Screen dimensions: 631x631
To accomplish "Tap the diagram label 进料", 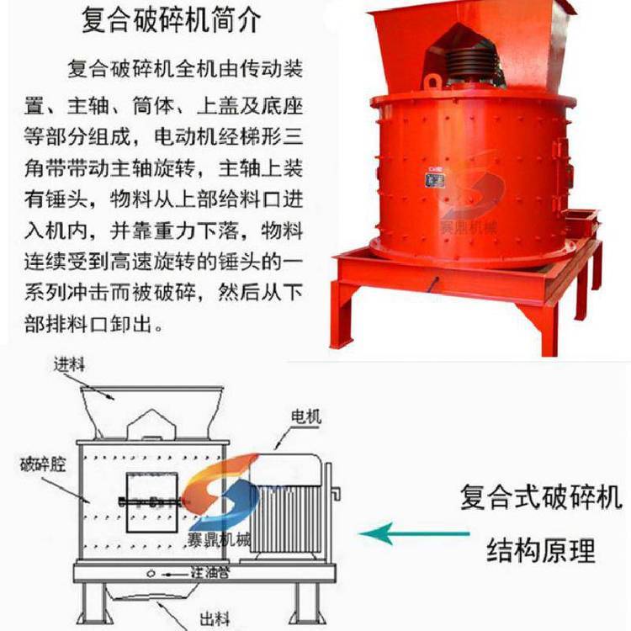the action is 70,364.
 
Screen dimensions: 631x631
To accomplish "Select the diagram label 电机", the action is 306,416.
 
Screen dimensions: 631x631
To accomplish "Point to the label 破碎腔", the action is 43,464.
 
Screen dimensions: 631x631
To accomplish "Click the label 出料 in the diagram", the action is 215,618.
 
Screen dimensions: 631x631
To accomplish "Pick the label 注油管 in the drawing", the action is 210,572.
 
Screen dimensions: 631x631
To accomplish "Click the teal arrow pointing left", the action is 415,534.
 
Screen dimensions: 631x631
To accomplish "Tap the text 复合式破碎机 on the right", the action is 541,496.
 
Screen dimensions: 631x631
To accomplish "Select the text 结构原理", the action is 541,550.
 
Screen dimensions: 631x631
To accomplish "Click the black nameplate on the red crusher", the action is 436,179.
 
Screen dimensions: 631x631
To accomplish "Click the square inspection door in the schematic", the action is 152,502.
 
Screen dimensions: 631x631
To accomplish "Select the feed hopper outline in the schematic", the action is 152,412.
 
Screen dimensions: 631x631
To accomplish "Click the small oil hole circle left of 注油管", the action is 151,574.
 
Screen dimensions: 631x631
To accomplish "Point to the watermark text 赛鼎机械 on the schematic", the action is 219,539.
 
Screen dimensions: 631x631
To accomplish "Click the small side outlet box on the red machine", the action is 581,220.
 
